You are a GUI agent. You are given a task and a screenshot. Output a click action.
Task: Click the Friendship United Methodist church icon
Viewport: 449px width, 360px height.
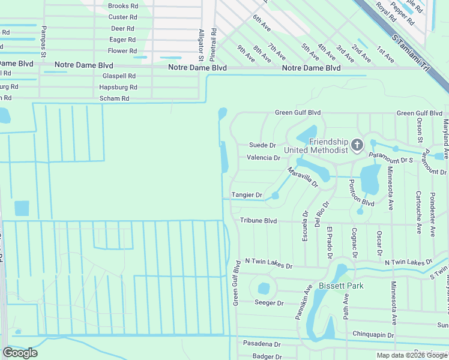357,145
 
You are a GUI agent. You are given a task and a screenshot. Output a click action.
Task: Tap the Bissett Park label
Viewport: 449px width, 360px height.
341,286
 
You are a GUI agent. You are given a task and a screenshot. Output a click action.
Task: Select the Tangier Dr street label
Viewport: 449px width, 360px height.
247,195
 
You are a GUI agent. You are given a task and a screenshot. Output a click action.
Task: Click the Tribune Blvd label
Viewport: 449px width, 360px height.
259,221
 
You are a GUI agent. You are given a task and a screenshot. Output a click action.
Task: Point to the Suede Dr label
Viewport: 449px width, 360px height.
262,145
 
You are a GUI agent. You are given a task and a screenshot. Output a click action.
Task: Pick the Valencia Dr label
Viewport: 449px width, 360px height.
264,158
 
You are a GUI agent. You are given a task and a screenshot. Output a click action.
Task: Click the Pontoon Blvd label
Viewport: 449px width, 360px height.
361,195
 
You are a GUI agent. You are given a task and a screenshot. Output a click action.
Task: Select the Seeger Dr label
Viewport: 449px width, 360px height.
268,303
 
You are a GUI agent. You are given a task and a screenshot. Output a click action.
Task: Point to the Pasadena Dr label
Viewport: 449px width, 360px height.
262,344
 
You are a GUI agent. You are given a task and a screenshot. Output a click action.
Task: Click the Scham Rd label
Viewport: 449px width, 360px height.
114,98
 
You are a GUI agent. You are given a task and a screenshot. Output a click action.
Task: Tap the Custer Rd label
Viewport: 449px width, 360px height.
122,17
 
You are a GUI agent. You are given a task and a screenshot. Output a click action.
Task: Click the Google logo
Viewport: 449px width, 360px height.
20,353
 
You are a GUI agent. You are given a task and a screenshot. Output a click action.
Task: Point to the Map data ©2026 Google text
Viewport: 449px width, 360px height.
412,355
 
